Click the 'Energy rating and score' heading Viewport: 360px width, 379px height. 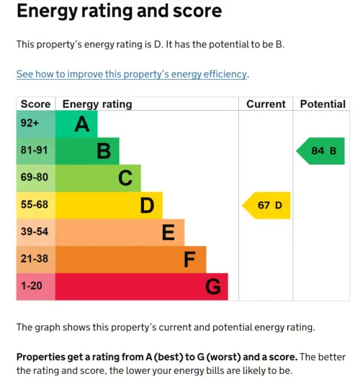pos(119,12)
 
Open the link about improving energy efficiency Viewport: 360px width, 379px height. pos(132,74)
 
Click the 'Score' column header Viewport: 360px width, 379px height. pos(35,104)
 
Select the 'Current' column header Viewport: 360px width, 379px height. pos(266,104)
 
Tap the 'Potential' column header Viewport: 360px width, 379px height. pos(322,104)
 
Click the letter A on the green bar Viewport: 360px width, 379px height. pos(82,124)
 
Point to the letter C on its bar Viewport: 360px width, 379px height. pos(125,178)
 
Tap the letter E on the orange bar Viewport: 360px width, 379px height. pos(168,232)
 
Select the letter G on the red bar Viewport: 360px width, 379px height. pos(212,287)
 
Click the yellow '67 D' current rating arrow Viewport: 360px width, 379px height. pos(269,205)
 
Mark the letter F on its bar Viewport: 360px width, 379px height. pos(190,260)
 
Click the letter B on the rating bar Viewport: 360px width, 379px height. pos(104,151)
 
